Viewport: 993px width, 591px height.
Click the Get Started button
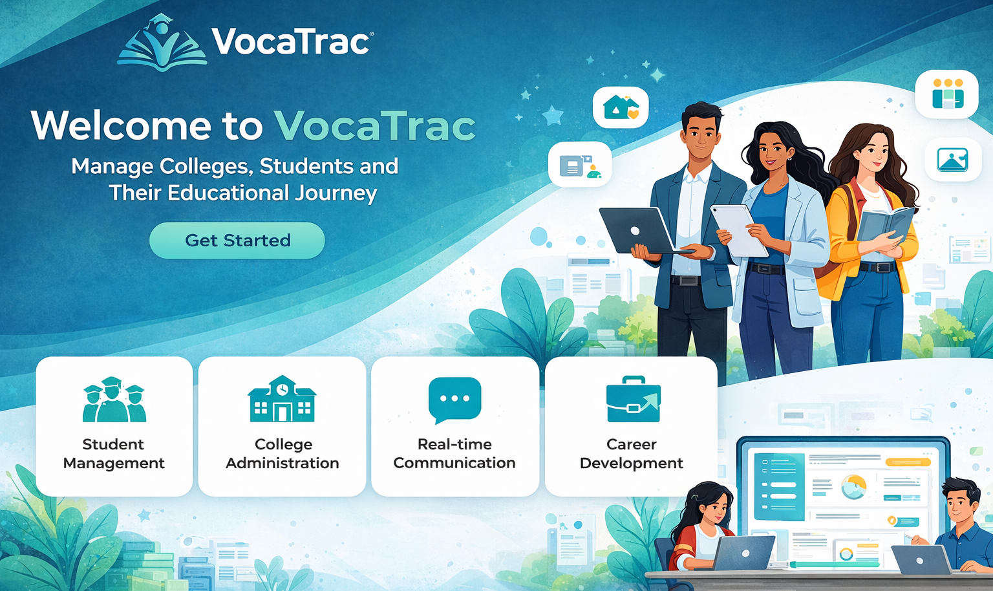pyautogui.click(x=237, y=241)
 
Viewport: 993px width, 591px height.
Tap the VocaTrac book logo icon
pyautogui.click(x=162, y=43)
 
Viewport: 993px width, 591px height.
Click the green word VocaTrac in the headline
pyautogui.click(x=374, y=126)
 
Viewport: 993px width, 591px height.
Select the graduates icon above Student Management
pyautogui.click(x=114, y=399)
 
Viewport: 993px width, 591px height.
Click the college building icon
pyautogui.click(x=282, y=398)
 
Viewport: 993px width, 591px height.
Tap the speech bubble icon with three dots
pyautogui.click(x=455, y=400)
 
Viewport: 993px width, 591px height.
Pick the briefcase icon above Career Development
pyautogui.click(x=633, y=399)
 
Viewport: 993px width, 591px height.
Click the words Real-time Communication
pyautogui.click(x=454, y=453)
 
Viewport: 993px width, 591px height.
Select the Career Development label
pyautogui.click(x=631, y=453)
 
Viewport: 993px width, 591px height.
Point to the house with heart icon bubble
pyautogui.click(x=621, y=107)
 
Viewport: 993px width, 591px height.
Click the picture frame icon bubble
pyautogui.click(x=953, y=160)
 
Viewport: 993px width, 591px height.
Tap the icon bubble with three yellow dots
pyautogui.click(x=947, y=94)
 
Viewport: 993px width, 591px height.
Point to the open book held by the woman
pyautogui.click(x=885, y=226)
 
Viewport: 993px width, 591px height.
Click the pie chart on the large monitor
pyautogui.click(x=854, y=487)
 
